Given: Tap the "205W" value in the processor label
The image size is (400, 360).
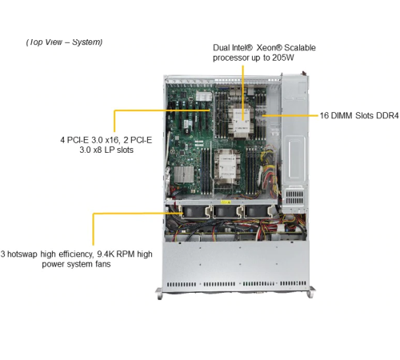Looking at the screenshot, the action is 283,58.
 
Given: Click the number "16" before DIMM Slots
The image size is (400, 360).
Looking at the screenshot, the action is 324,115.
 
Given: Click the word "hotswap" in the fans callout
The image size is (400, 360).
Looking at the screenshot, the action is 22,254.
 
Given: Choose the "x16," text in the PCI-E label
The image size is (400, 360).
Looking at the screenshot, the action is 113,140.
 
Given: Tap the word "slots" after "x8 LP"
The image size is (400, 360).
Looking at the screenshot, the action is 125,150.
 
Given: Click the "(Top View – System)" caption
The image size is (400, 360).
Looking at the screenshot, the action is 64,42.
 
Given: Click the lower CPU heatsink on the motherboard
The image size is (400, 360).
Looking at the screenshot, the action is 227,166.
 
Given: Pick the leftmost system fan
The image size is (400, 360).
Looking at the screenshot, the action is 195,212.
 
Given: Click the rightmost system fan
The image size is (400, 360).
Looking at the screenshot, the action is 258,212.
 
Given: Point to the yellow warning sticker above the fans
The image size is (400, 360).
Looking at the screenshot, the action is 226,202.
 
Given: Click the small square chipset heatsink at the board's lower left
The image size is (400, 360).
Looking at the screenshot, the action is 184,174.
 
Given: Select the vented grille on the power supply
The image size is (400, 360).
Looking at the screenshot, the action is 294,197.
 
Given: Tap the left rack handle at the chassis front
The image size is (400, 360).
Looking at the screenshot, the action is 159,294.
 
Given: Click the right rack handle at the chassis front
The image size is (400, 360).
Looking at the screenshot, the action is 311,292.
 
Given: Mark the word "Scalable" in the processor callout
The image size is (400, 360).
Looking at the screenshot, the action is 300,48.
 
